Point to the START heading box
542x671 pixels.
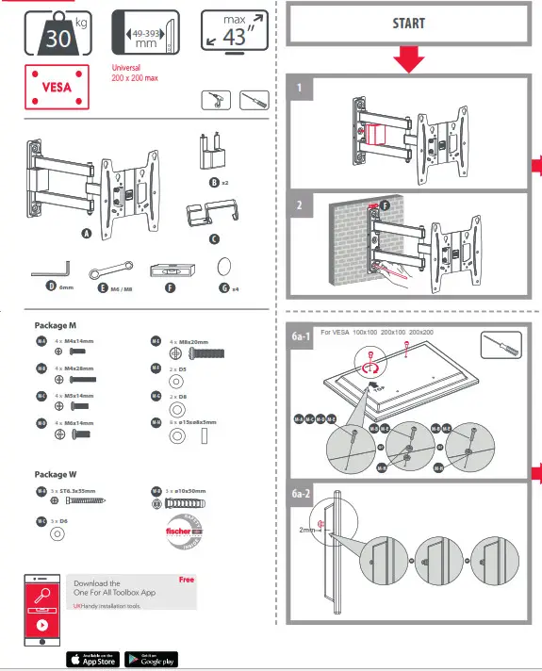408,24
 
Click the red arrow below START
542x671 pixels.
408,61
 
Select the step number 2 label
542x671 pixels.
299,204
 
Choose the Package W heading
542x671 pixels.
57,474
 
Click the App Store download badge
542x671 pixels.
92,659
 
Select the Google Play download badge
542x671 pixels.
149,659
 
